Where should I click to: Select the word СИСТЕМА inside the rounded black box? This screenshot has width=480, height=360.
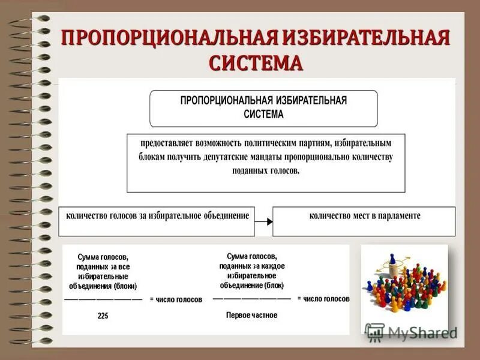tap(264, 113)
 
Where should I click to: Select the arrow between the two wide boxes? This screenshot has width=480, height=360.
tap(263, 221)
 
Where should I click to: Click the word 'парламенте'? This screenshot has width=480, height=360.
tap(400, 215)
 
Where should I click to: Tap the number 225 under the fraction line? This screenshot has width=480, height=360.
tap(103, 316)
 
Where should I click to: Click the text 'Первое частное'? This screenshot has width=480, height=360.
tap(251, 315)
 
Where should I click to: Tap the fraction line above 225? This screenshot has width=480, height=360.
tap(103, 299)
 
